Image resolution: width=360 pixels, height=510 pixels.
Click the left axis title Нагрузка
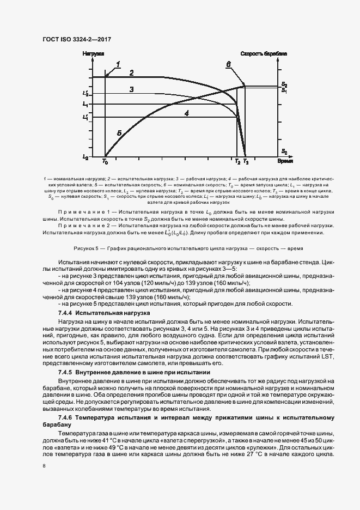coord(93,53)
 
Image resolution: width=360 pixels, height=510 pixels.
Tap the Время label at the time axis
coord(285,162)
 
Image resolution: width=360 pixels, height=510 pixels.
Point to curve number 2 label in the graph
coord(131,72)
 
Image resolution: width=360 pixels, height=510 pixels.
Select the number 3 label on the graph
coord(132,89)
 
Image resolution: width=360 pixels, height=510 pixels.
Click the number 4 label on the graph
coord(187,113)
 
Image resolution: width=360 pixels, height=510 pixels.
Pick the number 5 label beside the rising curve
coord(119,132)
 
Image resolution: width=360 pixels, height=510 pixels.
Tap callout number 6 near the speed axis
coord(229,64)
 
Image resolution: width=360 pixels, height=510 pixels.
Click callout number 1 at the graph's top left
coord(117,64)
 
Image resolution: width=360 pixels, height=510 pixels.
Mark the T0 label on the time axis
coord(105,162)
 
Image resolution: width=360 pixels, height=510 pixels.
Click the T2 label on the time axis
coord(237,162)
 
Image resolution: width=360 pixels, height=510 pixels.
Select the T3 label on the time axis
coord(246,162)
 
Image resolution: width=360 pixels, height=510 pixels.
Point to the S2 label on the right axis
coord(284,83)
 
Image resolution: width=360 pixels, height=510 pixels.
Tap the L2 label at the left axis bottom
coord(85,157)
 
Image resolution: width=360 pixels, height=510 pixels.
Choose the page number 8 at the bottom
coord(44,466)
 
